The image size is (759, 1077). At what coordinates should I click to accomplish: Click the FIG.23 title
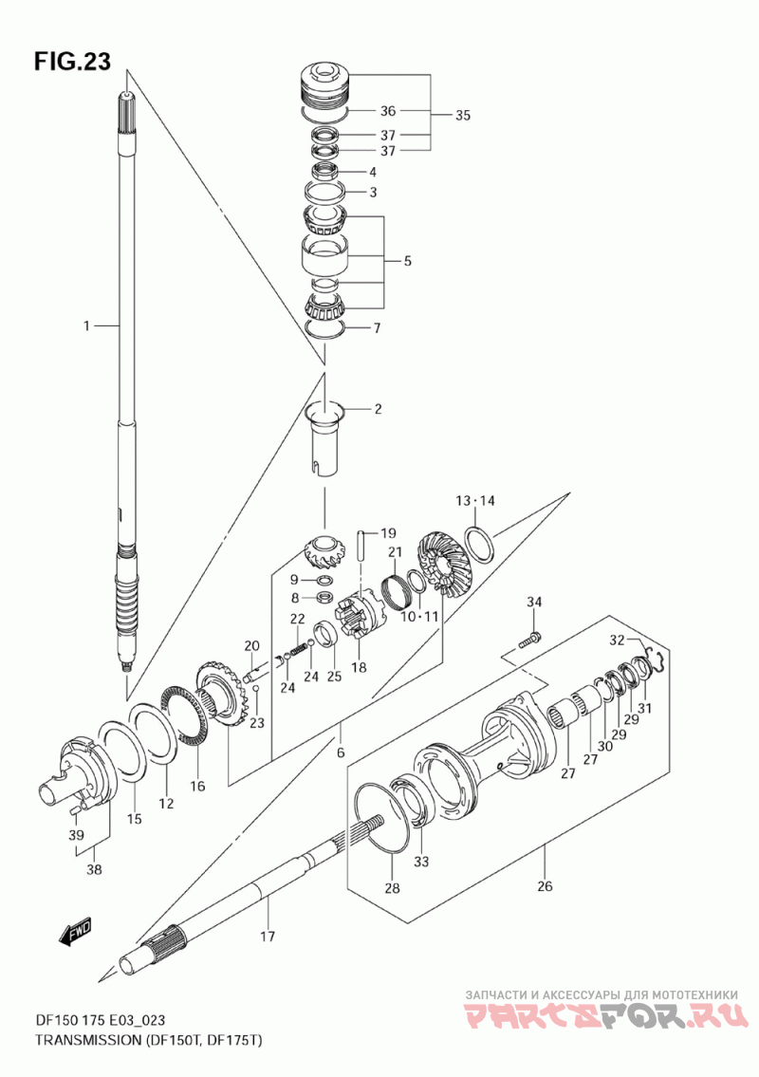pos(71,62)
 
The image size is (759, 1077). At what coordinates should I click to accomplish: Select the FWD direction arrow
pos(75,931)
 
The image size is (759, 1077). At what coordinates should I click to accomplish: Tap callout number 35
pos(462,116)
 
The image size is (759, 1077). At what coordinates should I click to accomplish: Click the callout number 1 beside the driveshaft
pos(86,326)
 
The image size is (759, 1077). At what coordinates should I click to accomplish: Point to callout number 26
pos(544,886)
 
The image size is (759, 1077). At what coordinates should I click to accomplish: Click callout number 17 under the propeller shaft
pos(268,936)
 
